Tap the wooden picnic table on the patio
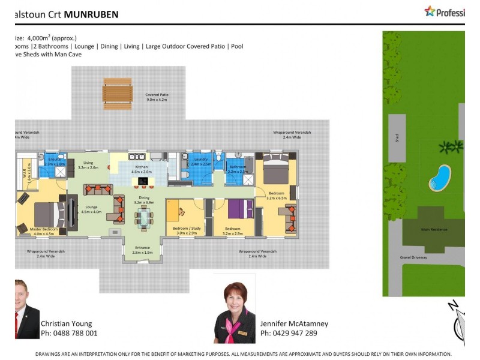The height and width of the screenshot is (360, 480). coord(117,93)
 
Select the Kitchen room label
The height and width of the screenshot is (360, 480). coord(141,169)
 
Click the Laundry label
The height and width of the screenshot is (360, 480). coord(200,161)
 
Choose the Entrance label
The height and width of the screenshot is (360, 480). coord(143,250)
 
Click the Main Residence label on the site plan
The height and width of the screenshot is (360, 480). coord(433,229)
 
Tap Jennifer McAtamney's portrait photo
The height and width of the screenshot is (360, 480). coord(235,309)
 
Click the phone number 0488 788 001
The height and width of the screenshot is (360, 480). coord(69,333)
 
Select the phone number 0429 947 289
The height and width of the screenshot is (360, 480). coord(289,333)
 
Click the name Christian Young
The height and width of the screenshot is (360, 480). coord(66,324)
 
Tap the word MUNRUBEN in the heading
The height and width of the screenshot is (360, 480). coord(91,14)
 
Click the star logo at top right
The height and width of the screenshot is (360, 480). coord(430,11)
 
